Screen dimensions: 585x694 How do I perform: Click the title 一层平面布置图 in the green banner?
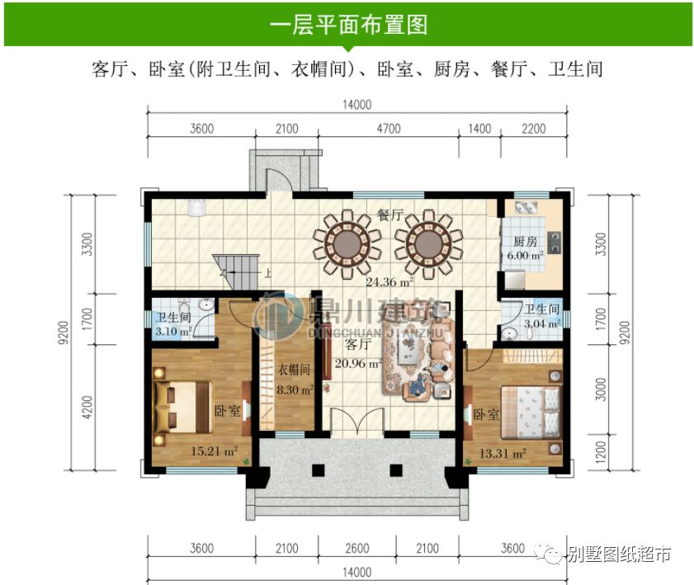tap(347, 24)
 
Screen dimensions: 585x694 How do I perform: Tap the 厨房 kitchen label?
tap(525, 242)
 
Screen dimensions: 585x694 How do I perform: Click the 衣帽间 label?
tap(294, 371)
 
